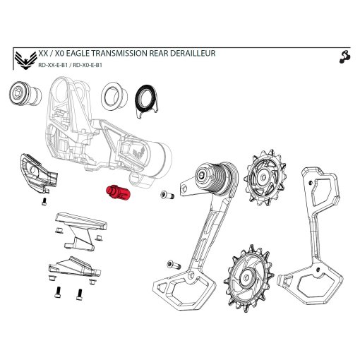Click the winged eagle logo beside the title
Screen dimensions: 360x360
pyautogui.click(x=27, y=59)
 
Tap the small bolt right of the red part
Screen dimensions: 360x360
pyautogui.click(x=167, y=195)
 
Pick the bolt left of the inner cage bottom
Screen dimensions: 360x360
pyautogui.click(x=172, y=264)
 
